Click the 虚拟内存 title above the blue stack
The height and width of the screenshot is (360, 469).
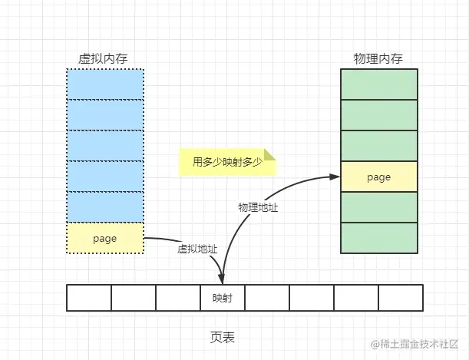pyautogui.click(x=104, y=58)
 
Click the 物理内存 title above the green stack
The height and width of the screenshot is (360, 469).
pyautogui.click(x=378, y=58)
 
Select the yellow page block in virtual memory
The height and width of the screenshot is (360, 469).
pyautogui.click(x=104, y=238)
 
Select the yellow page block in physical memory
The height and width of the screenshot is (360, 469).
pyautogui.click(x=378, y=177)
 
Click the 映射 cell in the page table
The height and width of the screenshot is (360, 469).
pyautogui.click(x=223, y=298)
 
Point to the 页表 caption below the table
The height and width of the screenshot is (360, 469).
pyautogui.click(x=223, y=336)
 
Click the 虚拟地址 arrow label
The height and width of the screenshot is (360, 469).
pyautogui.click(x=197, y=249)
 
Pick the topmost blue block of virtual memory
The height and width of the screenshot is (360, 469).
pyautogui.click(x=104, y=84)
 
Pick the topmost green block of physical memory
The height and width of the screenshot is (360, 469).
pyautogui.click(x=378, y=84)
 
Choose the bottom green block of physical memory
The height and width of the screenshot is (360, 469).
pyautogui.click(x=378, y=237)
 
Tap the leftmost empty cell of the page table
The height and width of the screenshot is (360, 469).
pyautogui.click(x=89, y=298)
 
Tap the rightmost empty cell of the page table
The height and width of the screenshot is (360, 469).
pyautogui.click(x=400, y=298)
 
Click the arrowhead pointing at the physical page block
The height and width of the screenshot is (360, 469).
pyautogui.click(x=335, y=177)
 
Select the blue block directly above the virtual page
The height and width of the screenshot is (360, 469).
pyautogui.click(x=104, y=206)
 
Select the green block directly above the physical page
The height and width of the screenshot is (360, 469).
pyautogui.click(x=378, y=146)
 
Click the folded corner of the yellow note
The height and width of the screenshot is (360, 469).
pyautogui.click(x=269, y=154)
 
